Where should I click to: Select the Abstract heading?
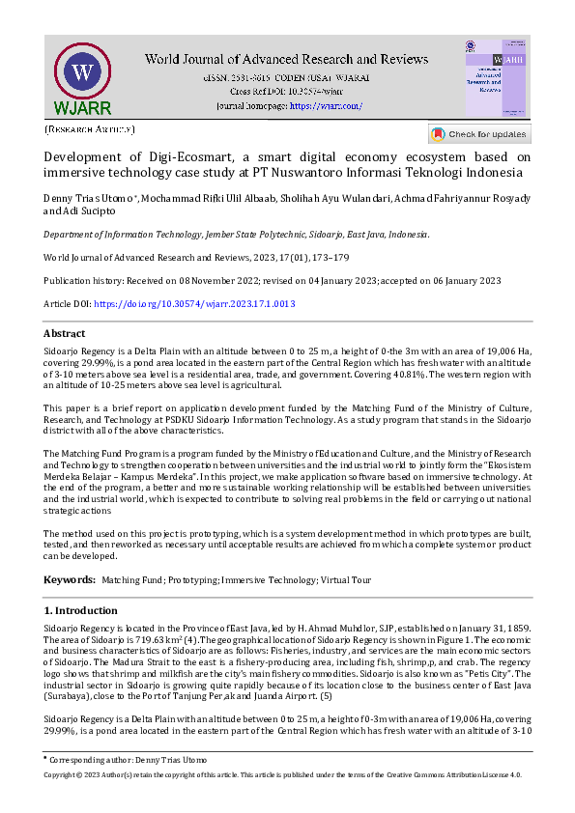(65, 333)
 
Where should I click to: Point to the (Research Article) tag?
(90, 128)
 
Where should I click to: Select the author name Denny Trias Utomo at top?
(88, 199)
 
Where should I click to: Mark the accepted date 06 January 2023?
(460, 281)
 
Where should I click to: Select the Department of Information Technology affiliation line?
(237, 235)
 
